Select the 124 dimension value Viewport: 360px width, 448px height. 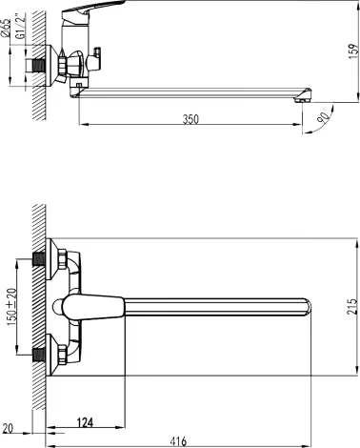88,422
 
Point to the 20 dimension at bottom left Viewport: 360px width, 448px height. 9,428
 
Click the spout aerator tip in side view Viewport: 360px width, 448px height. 303,96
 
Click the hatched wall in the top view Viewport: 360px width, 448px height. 36,305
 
